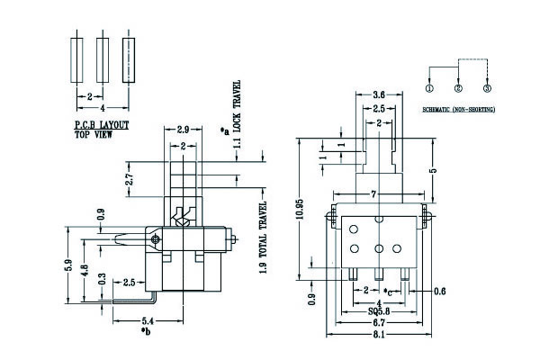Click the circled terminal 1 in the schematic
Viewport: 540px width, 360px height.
click(x=430, y=87)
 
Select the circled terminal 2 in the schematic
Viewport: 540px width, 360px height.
click(x=459, y=87)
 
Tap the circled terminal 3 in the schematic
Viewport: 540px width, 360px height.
click(x=487, y=87)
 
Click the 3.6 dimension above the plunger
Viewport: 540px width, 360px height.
click(x=380, y=94)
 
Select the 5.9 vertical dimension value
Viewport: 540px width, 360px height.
click(x=67, y=267)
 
